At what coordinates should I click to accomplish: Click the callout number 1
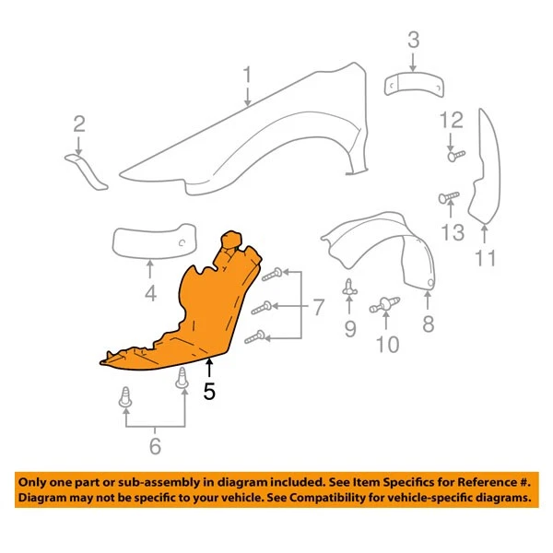click(247, 73)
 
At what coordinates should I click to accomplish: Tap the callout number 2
click(79, 124)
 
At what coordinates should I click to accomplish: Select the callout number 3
click(414, 41)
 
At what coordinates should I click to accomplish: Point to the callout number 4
click(150, 295)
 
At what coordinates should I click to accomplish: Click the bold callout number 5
click(209, 391)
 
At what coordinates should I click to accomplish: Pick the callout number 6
click(155, 448)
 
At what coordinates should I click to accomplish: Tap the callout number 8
click(428, 324)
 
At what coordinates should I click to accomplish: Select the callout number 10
click(387, 345)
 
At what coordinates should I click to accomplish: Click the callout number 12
click(451, 119)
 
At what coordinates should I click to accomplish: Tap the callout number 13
click(452, 231)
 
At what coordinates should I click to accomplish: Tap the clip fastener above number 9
click(349, 289)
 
